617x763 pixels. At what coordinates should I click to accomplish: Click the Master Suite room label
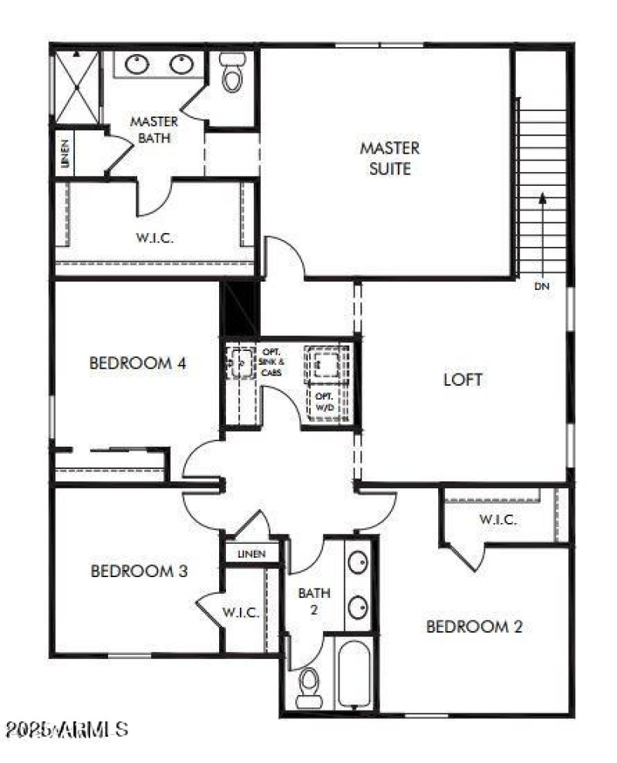point(390,157)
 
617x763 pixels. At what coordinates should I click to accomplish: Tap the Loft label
point(463,380)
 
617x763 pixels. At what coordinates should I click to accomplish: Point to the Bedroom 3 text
point(140,572)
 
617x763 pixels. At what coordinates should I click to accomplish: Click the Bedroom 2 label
point(474,626)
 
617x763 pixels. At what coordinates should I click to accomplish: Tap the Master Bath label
point(154,130)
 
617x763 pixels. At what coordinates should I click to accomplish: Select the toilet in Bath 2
point(309,683)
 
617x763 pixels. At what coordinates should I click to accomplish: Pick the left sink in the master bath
point(137,64)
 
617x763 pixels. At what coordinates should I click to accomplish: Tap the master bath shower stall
point(76,86)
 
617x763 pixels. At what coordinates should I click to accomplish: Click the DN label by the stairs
point(541,287)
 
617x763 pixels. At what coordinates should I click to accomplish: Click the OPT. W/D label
point(322,402)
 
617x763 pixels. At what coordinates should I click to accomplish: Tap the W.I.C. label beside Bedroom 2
point(497,519)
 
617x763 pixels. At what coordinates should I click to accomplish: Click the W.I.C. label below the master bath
point(155,238)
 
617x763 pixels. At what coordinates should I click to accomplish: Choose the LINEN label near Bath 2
point(251,553)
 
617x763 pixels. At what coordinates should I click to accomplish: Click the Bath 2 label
point(315,600)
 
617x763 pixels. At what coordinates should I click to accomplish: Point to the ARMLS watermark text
point(66,728)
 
